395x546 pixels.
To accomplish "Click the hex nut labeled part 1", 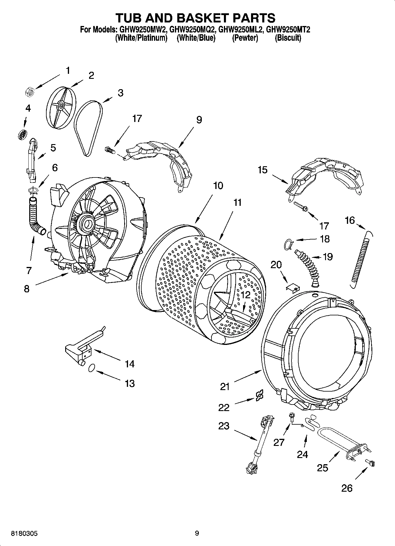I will tap(30, 92).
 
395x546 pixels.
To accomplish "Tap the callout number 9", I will tap(199, 120).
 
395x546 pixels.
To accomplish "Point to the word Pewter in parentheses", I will tap(245, 38).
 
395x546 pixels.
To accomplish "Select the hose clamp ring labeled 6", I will tap(33, 190).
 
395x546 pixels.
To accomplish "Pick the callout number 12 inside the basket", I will tap(245, 295).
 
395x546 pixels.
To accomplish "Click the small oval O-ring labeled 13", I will tap(92, 368).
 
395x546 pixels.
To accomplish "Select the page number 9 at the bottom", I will tap(197, 533).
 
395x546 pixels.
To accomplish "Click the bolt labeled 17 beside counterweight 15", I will tap(301, 206).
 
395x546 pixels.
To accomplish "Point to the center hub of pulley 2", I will tap(61, 105).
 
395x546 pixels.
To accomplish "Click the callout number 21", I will tap(225, 387).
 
